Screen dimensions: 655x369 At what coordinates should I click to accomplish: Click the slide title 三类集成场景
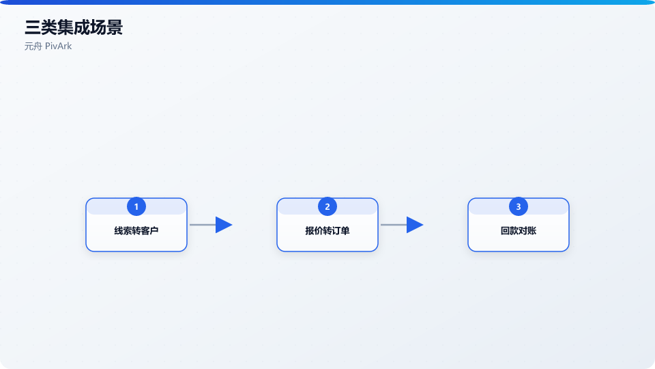click(74, 27)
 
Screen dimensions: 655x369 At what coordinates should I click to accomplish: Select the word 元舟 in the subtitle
click(33, 46)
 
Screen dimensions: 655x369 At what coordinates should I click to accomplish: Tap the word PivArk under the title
click(59, 46)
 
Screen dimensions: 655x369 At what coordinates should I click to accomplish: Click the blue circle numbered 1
click(136, 206)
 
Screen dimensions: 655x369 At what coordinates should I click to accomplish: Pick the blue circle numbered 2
click(327, 206)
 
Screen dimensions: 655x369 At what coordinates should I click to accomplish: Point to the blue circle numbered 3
click(519, 206)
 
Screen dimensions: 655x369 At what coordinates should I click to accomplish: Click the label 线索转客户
click(136, 230)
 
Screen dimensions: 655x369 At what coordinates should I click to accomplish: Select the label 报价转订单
click(327, 230)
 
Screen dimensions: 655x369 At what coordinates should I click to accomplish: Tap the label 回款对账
click(519, 230)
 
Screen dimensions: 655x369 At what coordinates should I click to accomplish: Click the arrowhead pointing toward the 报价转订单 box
click(224, 225)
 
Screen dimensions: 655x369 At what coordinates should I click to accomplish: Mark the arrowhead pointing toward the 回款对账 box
click(415, 225)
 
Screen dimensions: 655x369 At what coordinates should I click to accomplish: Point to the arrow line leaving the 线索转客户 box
click(203, 225)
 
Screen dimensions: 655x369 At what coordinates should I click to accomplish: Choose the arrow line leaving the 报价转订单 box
click(394, 225)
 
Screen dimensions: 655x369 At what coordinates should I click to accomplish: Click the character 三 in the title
click(33, 27)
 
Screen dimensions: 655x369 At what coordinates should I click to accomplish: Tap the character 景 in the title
click(115, 27)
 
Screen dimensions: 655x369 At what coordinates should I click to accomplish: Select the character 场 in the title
click(98, 27)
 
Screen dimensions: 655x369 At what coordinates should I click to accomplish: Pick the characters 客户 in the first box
click(150, 230)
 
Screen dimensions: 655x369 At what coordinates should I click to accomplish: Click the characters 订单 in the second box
click(341, 230)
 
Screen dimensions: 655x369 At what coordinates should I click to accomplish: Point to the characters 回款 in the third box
click(509, 230)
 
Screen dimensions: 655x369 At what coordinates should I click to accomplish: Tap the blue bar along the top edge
click(327, 2)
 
